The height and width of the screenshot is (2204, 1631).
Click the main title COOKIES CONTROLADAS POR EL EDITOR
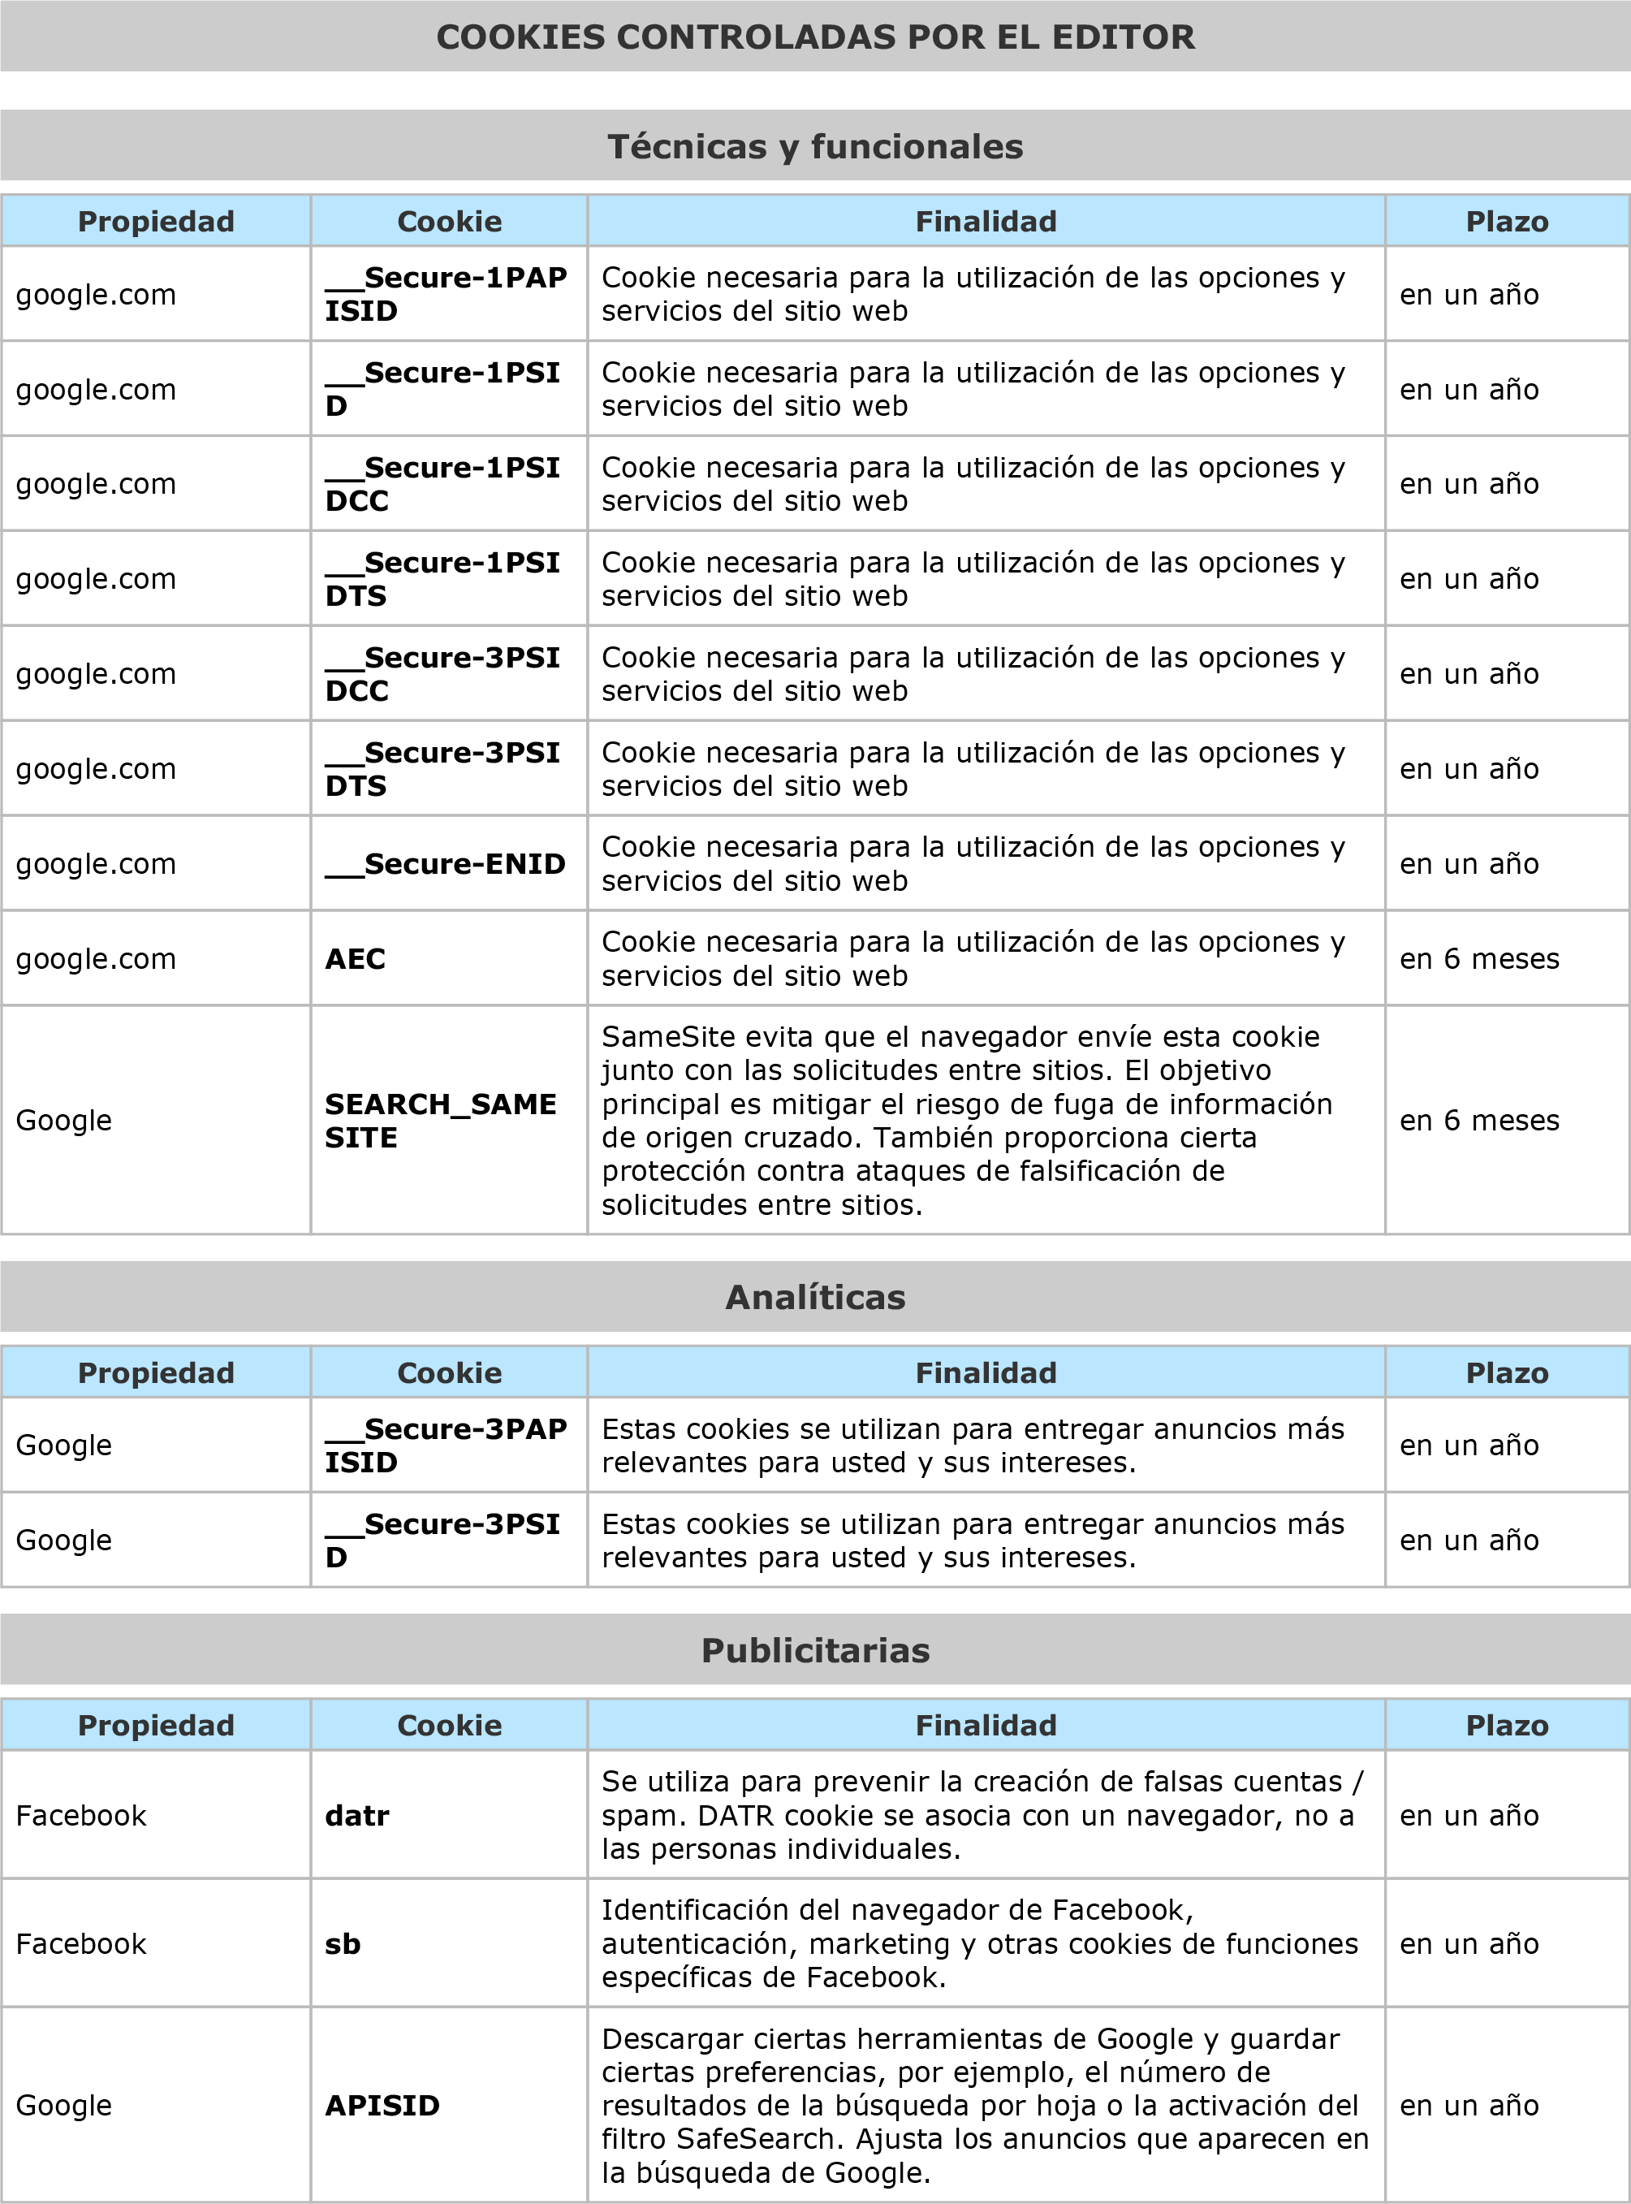[x=815, y=37]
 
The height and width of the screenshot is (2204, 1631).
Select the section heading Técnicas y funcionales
[x=815, y=147]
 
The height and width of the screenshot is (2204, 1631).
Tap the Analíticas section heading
[x=815, y=1297]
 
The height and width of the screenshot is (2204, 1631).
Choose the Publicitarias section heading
[x=815, y=1650]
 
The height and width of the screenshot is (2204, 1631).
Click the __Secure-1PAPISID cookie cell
[x=447, y=294]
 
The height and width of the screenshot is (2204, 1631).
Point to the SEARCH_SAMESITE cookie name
[x=440, y=1121]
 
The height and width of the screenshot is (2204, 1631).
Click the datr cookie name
[x=357, y=1815]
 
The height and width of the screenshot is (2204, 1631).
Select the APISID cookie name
[x=382, y=2105]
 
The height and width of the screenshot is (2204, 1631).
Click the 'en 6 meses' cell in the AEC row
[x=1479, y=959]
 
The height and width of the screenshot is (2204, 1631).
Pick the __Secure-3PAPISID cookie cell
[x=447, y=1446]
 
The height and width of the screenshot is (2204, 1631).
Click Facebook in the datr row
[x=81, y=1815]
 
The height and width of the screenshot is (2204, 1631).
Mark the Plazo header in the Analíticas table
[x=1507, y=1372]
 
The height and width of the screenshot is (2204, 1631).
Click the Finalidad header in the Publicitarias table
[x=986, y=1725]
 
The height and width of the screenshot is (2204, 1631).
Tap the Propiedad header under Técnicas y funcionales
[x=156, y=221]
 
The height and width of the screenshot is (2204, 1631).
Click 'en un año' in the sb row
[x=1469, y=1943]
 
